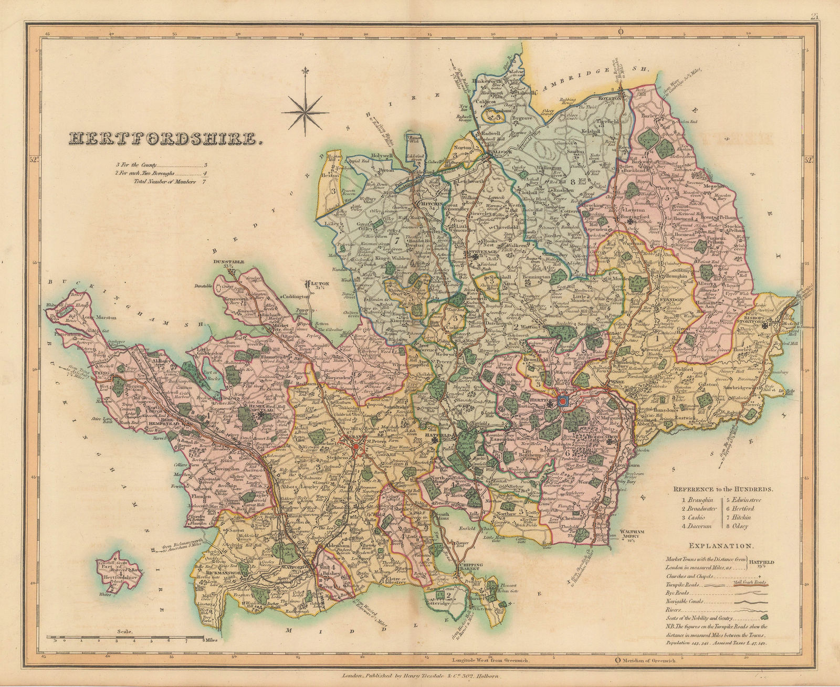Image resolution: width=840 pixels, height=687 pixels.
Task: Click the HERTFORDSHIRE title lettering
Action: (165, 139)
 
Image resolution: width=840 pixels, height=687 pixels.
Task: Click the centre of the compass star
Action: (305, 112)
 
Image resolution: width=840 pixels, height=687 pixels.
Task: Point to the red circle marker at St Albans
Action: (356, 447)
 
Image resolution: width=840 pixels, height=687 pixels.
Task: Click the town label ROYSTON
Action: (609, 98)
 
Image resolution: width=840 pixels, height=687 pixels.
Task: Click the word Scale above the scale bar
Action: (125, 632)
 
